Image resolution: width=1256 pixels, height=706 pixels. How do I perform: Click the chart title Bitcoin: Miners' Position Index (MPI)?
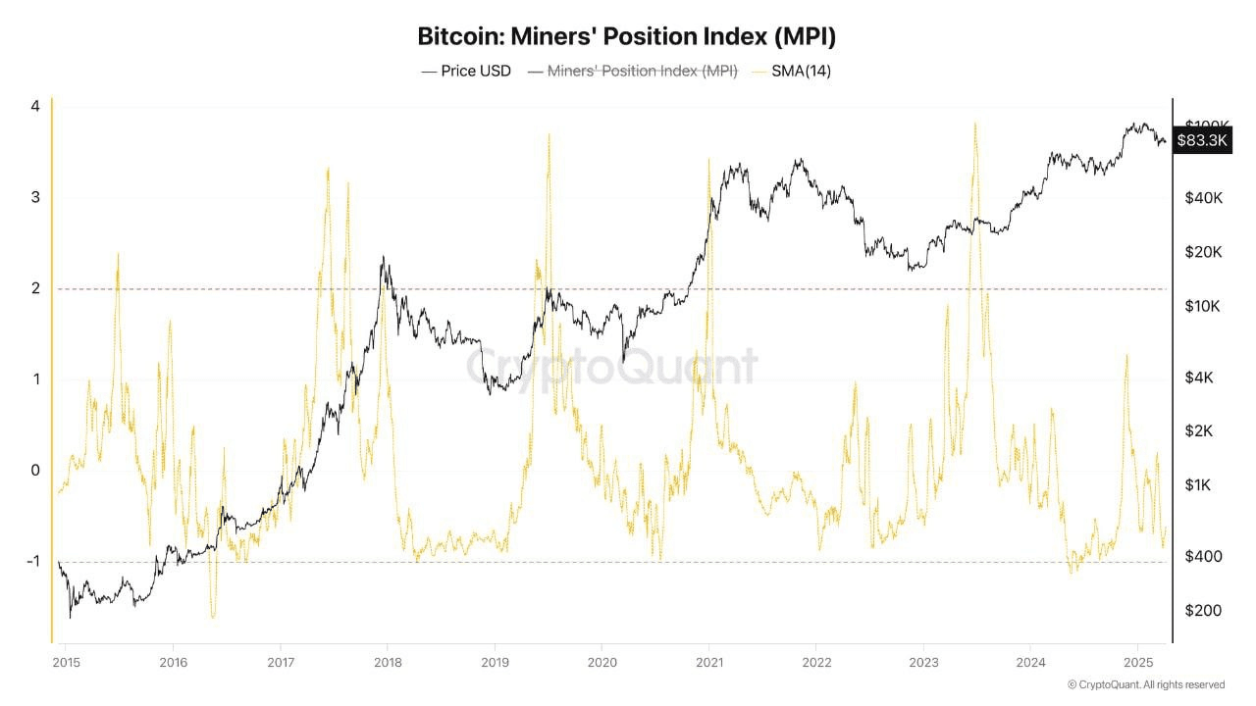tap(627, 37)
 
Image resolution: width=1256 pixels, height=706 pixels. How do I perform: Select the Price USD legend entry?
tap(466, 71)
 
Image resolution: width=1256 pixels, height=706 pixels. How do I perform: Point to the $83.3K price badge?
tap(1202, 140)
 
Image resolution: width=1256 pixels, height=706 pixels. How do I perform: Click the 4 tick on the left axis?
tap(35, 106)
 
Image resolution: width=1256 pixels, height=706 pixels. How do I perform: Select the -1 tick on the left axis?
tap(32, 562)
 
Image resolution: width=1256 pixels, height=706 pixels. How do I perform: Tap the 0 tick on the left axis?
tap(35, 471)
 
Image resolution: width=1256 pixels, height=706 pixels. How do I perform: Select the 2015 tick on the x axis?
tap(66, 661)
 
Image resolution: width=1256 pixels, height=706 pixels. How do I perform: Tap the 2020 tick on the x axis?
tap(601, 661)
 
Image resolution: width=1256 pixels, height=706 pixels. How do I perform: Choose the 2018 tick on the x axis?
tap(387, 661)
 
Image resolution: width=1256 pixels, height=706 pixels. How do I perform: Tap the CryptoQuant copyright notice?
tap(1145, 684)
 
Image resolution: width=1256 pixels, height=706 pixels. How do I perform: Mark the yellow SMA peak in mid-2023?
tap(974, 124)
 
